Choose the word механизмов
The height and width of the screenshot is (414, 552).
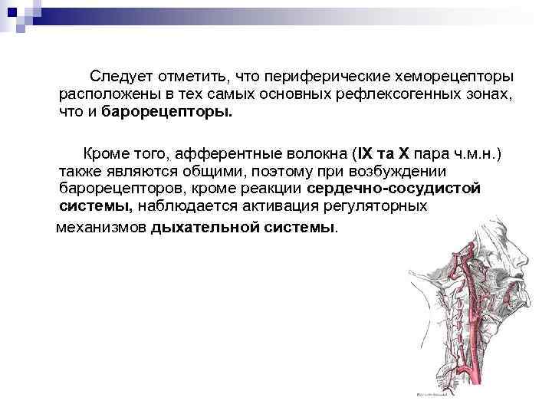[103, 227]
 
